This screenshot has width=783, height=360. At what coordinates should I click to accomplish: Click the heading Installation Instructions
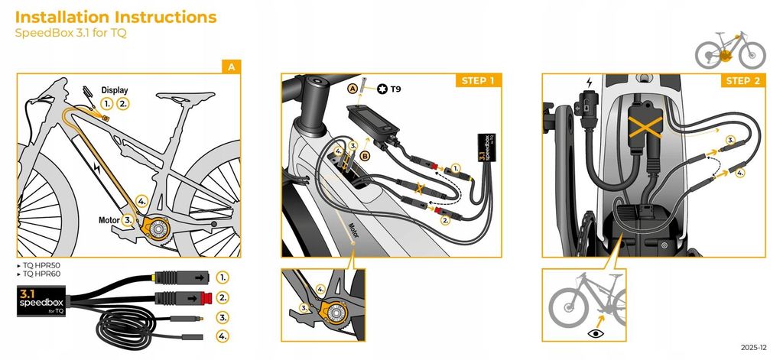[116, 17]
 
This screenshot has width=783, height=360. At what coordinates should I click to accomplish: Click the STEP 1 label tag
[479, 80]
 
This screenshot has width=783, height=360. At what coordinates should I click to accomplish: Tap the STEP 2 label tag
[743, 80]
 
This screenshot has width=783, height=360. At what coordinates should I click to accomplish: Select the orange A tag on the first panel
[231, 66]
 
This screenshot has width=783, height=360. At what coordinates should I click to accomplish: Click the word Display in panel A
[115, 90]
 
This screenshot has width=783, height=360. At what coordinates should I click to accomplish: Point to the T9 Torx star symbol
[383, 89]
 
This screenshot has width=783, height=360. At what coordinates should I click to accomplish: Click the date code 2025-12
[753, 348]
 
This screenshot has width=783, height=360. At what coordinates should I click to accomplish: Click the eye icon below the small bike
[596, 333]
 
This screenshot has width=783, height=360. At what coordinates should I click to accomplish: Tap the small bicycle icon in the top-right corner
[730, 50]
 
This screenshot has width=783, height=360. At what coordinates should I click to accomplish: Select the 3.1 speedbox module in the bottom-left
[41, 301]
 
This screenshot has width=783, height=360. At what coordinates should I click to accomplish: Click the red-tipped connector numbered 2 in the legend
[185, 298]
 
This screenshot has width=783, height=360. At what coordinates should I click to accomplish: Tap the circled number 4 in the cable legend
[223, 336]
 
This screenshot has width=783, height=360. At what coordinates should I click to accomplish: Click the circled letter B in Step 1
[366, 157]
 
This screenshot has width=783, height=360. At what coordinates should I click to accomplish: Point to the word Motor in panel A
[109, 219]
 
